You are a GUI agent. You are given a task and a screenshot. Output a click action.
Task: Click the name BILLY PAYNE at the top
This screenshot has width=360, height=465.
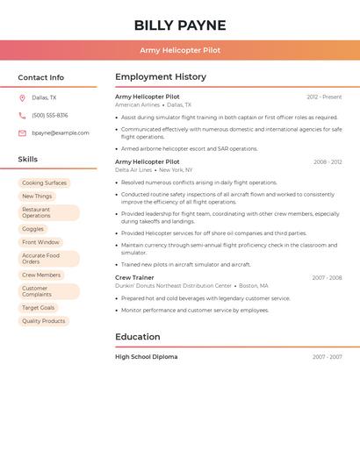[x=180, y=25]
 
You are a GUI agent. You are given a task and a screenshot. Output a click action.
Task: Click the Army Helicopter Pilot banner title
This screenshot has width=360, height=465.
[x=180, y=50]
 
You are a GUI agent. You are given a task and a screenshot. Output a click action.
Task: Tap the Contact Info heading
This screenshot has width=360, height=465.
[x=40, y=77]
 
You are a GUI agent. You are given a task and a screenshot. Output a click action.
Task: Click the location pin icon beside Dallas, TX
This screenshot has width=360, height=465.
[x=22, y=98]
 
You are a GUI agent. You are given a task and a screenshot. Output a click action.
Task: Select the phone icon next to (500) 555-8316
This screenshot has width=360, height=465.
[x=22, y=116]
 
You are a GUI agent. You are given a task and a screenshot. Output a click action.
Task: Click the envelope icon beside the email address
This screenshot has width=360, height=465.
[x=22, y=133]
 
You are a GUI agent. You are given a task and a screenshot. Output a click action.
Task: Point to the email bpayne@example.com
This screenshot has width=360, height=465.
[x=61, y=133]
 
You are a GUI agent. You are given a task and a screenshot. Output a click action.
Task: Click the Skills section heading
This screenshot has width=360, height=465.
[x=28, y=160]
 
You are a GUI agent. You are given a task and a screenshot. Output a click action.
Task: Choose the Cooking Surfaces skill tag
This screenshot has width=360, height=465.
[x=44, y=183]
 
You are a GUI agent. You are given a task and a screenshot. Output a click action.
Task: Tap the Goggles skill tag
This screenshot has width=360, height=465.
[x=33, y=229]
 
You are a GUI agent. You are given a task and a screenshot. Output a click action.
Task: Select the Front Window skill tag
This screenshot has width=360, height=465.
[x=40, y=242]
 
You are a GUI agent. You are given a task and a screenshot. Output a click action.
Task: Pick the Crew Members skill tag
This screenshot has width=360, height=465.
[x=41, y=275]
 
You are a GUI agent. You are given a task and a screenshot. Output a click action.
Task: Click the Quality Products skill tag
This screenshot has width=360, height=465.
[x=44, y=321]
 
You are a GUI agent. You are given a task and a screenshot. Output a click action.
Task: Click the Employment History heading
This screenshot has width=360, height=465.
[x=161, y=77]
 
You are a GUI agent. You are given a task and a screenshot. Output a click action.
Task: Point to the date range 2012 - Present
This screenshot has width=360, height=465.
[x=324, y=97]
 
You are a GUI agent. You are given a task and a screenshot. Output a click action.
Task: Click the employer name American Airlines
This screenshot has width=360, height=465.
[x=138, y=104]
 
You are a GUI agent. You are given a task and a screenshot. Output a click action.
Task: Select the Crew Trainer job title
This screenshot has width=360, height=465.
[x=134, y=277]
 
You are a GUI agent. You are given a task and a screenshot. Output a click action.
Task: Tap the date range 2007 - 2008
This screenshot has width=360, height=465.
[x=327, y=278]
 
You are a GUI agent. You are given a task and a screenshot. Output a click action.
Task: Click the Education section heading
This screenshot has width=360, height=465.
[x=138, y=337]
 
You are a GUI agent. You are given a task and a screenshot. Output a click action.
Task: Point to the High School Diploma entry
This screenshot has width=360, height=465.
[x=147, y=357]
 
